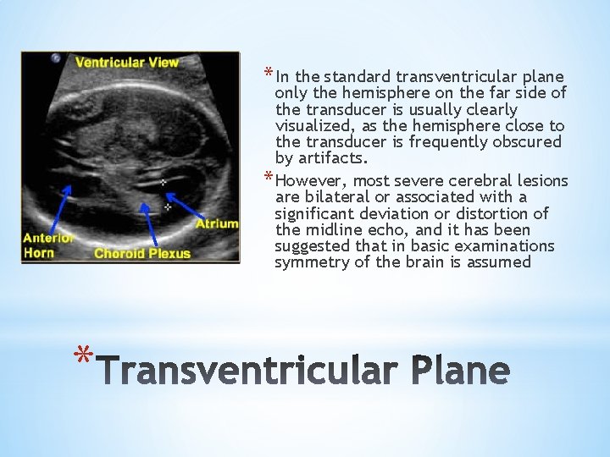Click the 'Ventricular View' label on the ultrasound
126,62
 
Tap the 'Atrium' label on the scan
217,224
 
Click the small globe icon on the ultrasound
57,58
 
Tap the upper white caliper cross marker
163,182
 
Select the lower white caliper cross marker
167,206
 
